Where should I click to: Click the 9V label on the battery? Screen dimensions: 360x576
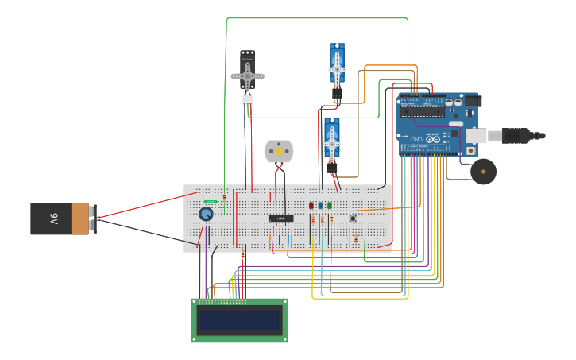click(x=54, y=219)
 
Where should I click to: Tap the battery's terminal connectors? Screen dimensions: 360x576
click(x=93, y=219)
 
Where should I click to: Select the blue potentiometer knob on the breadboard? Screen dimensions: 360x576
click(x=206, y=213)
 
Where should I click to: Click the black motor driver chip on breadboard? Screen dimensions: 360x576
click(x=280, y=219)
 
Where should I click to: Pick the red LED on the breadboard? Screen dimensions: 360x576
click(x=311, y=206)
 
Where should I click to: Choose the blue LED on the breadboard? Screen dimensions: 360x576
click(x=320, y=206)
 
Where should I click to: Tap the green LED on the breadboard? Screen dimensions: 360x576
click(x=330, y=206)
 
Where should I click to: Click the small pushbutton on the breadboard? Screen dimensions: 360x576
click(x=353, y=218)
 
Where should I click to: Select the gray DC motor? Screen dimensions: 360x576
click(x=279, y=151)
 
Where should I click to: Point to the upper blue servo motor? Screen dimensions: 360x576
click(x=337, y=66)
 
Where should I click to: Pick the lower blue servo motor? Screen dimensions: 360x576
click(x=332, y=141)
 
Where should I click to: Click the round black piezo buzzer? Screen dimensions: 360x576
click(x=483, y=171)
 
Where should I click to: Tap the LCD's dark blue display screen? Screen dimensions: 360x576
click(x=240, y=321)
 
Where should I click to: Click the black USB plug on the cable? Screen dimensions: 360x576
click(x=516, y=136)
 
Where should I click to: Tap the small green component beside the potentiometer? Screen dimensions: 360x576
click(x=211, y=201)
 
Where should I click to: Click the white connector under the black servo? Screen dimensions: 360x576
click(x=248, y=101)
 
